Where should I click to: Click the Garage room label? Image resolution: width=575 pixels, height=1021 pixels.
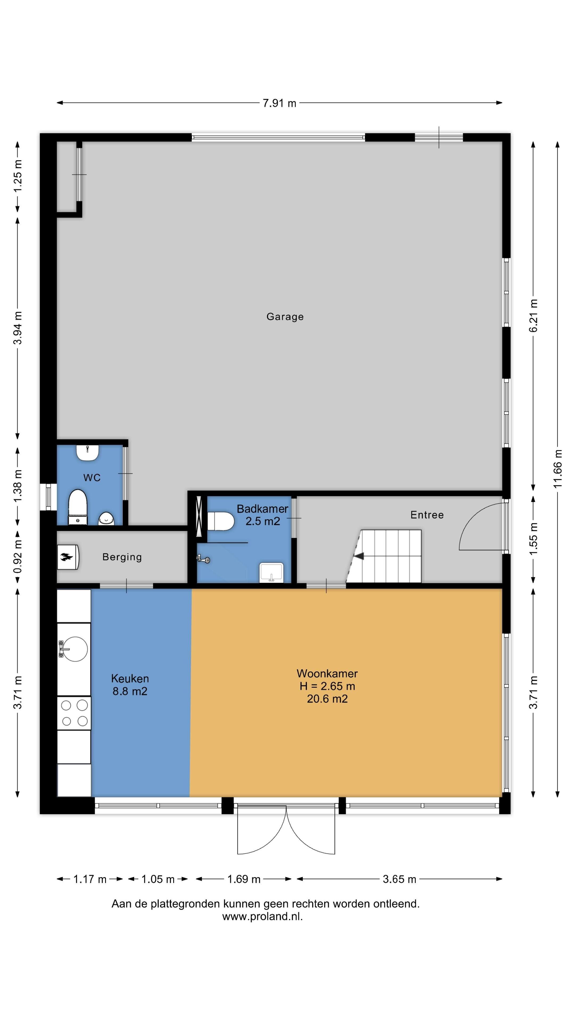(285, 317)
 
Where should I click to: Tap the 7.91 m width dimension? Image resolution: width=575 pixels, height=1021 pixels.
(279, 103)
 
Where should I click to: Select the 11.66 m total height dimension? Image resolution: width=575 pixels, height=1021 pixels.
(558, 469)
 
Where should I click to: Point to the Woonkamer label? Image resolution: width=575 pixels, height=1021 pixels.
(327, 673)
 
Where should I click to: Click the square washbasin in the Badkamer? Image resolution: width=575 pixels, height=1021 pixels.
(272, 573)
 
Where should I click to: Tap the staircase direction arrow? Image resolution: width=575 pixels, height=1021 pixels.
(359, 556)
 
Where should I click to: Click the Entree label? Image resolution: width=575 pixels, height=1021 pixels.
(427, 515)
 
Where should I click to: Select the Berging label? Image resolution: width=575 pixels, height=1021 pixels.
(122, 557)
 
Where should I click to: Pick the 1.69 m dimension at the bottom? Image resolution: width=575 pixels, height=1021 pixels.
(244, 879)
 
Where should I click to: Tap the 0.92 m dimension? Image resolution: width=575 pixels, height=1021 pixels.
(18, 556)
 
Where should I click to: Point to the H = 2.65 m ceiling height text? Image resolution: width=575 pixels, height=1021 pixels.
(327, 686)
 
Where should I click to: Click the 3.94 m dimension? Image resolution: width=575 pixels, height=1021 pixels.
(18, 328)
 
